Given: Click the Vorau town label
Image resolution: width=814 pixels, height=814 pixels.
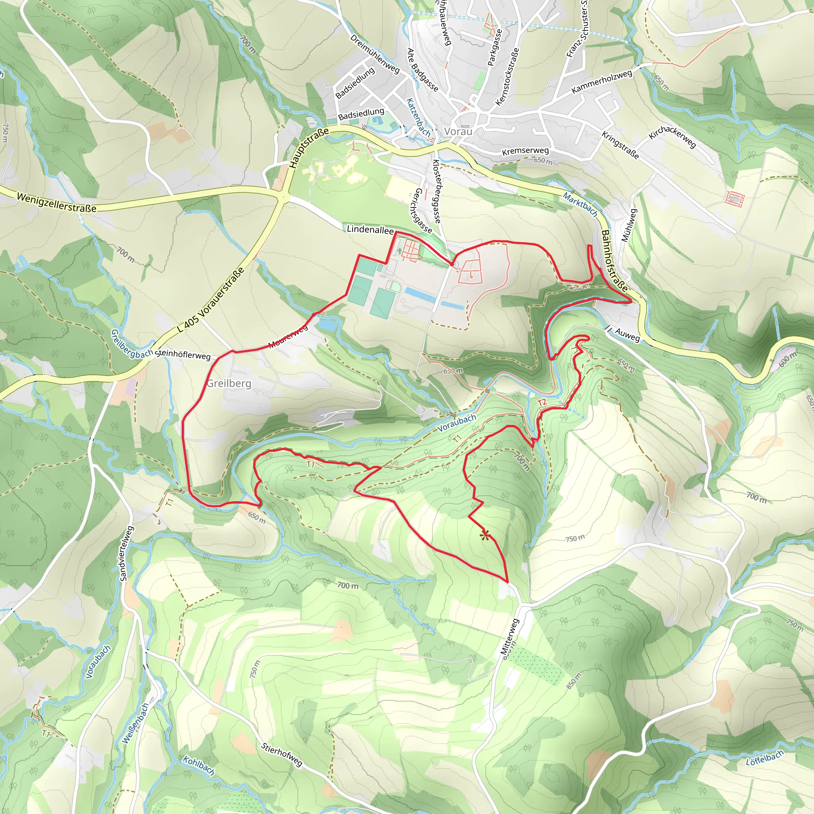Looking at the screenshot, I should [458, 132].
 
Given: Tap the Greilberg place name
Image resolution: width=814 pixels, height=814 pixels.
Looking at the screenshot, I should [229, 384].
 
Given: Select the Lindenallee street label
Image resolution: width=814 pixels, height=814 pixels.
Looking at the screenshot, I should [370, 230].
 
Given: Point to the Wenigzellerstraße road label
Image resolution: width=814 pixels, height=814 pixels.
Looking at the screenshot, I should [56, 203].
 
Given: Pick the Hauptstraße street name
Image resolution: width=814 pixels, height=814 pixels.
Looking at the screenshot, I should [309, 148].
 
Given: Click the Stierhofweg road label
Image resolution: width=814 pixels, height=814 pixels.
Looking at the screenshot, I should [281, 754].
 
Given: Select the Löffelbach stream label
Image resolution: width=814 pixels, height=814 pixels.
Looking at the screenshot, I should [765, 758].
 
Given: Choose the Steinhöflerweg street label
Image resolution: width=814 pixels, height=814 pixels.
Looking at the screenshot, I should [182, 355].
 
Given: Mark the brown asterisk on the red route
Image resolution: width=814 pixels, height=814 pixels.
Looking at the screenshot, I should [485, 535].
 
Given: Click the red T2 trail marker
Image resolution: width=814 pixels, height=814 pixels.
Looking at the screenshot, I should [542, 402].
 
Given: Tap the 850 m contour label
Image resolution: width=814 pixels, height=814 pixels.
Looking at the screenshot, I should [574, 681].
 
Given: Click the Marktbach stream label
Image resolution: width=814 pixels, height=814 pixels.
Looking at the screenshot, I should [581, 204].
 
